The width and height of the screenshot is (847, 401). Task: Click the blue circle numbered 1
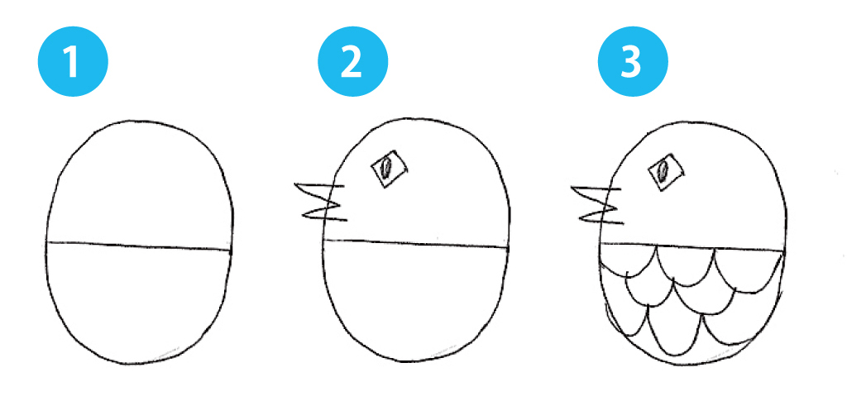(72, 63)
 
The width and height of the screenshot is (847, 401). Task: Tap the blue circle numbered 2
(352, 63)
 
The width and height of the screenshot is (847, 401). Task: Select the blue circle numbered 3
(632, 63)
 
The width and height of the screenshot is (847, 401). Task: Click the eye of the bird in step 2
(386, 169)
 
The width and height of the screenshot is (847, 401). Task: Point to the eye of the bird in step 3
(663, 172)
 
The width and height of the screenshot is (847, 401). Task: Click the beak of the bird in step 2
(321, 202)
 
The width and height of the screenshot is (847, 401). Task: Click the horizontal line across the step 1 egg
(139, 246)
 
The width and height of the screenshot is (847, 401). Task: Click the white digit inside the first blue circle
(72, 63)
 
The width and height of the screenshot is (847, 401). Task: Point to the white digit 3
(632, 63)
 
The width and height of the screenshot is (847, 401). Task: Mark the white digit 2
(352, 63)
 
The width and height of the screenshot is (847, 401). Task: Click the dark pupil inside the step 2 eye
(385, 169)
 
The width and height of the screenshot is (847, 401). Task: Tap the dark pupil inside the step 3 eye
(663, 172)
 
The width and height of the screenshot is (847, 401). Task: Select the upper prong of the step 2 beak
(319, 189)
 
